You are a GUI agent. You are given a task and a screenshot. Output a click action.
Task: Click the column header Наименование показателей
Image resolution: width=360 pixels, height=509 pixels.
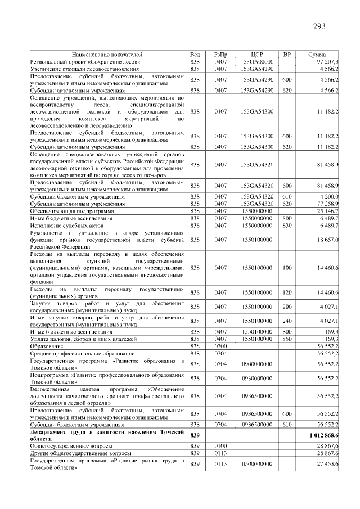pyautogui.click(x=107, y=54)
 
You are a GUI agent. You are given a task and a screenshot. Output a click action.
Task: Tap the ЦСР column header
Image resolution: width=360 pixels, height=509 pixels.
pyautogui.click(x=256, y=54)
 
